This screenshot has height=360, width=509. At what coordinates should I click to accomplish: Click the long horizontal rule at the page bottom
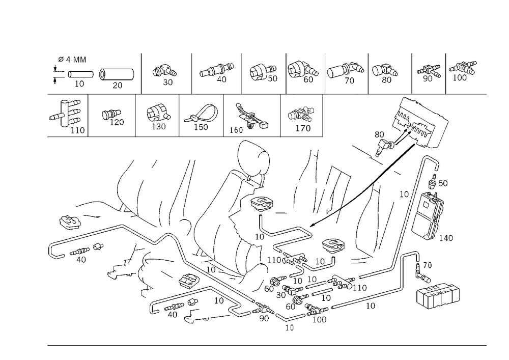point(267,345)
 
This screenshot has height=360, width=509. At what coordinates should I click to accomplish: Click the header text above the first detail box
point(73,60)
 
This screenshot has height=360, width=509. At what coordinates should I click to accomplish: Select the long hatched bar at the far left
point(87,244)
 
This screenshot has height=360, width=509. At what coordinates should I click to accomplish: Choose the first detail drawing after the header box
point(165,73)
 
